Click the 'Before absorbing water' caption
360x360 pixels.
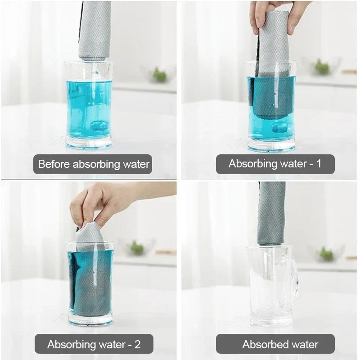point(93,164)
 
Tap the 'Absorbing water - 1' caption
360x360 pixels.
point(275,164)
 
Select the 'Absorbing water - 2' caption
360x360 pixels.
point(94,344)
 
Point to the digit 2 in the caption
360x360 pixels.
point(137,345)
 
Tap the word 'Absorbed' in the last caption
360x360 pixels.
point(262,345)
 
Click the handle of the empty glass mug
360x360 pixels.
point(294,279)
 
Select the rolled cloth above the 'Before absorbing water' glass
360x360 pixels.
point(94,29)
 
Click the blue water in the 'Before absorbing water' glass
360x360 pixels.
point(89,108)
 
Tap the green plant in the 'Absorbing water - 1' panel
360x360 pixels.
point(321,67)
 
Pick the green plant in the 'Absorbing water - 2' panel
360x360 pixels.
point(136,248)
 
